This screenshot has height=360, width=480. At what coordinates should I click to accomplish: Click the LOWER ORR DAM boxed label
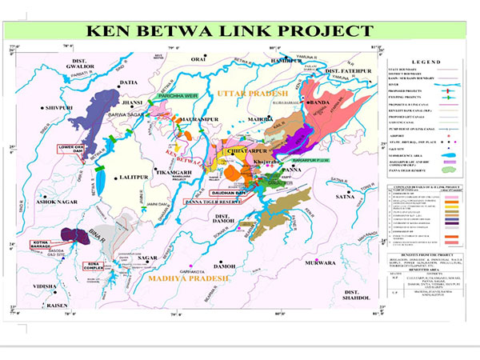pos(70,148)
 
